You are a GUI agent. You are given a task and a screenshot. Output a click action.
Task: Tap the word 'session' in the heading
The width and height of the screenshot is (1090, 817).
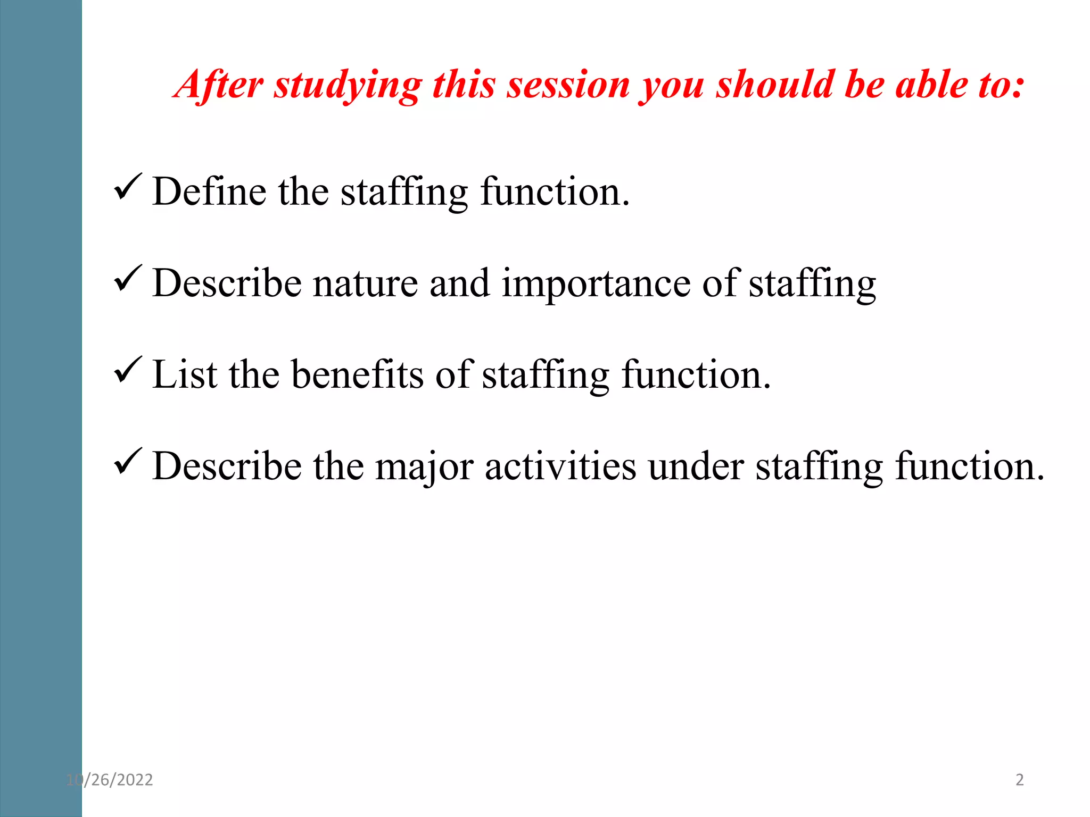click(568, 85)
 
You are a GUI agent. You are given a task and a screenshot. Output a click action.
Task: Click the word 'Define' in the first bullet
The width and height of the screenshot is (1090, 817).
click(209, 191)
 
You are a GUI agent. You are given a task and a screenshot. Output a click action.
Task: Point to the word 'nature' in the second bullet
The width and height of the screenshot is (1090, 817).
click(365, 284)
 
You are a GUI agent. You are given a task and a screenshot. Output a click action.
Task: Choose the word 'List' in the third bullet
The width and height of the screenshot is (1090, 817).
click(185, 374)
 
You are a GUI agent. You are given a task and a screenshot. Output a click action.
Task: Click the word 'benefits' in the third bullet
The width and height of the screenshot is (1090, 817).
click(358, 374)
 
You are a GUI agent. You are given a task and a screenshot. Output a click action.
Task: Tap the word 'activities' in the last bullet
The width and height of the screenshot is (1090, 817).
click(560, 466)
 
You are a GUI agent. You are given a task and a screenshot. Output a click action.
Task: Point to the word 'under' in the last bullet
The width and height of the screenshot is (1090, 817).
click(696, 466)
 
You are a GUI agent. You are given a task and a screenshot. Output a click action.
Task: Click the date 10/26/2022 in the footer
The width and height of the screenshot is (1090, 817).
click(110, 780)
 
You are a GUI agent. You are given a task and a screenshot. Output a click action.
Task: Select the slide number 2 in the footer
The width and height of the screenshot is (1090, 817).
click(1019, 780)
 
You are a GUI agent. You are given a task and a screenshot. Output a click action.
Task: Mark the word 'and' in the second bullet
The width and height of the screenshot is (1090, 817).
click(459, 284)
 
